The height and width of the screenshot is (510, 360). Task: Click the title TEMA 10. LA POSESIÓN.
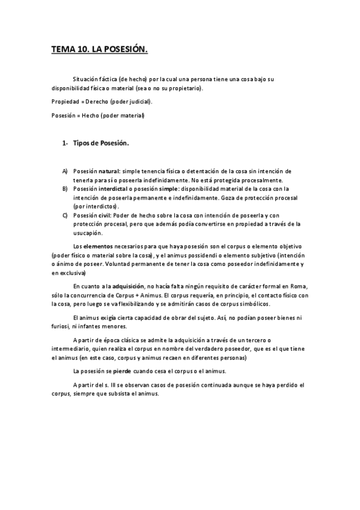(99, 51)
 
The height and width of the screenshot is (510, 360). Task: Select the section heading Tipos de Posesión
(101, 144)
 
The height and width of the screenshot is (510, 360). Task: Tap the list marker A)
(65, 171)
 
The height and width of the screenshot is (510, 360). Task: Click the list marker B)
(65, 189)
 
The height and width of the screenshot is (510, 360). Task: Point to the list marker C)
(65, 215)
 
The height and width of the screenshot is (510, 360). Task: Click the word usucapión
(88, 233)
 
